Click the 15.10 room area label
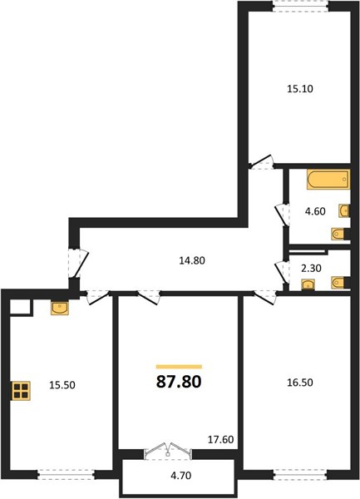click(300, 89)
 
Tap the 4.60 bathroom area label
click(315, 211)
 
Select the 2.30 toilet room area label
click(311, 269)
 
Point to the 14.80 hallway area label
click(192, 260)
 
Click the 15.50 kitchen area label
click(62, 385)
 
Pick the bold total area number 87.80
click(179, 382)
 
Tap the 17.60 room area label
click(220, 439)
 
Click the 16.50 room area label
click(300, 383)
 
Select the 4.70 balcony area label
click(181, 476)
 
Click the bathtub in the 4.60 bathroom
click(328, 180)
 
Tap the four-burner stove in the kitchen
click(21, 391)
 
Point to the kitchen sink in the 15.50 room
click(60, 309)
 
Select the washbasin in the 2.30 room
click(308, 284)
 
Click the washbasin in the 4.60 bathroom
click(344, 210)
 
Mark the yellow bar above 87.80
click(179, 367)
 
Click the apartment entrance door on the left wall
click(78, 263)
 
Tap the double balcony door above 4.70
click(168, 450)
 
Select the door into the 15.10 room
click(261, 162)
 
